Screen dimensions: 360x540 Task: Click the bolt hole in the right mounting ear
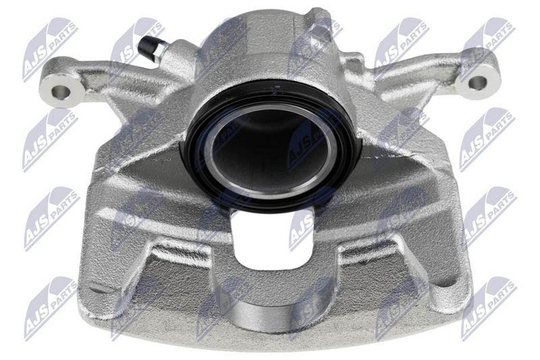point(477,83)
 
